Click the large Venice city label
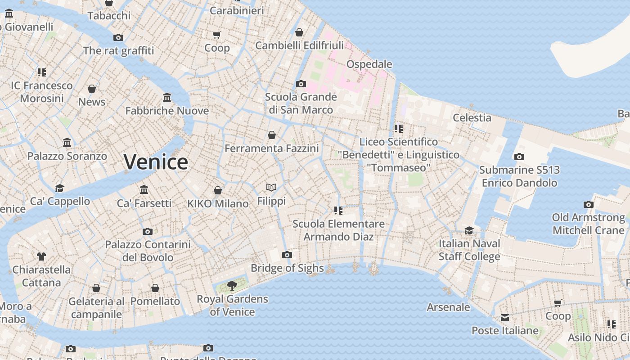[156, 162]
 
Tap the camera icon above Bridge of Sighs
[287, 255]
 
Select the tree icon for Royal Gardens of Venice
[232, 285]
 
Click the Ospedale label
[369, 64]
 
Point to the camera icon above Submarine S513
[519, 157]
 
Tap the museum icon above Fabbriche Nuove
[167, 98]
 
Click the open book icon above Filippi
[271, 188]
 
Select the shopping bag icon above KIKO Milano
[218, 190]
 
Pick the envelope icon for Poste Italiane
[505, 318]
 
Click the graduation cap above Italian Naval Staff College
[469, 230]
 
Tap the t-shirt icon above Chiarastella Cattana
[41, 256]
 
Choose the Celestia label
[472, 118]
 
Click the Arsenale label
[448, 307]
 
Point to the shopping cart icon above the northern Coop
[217, 35]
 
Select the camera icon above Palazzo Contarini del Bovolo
[148, 232]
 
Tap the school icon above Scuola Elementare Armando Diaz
[338, 211]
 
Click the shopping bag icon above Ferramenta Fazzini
[272, 135]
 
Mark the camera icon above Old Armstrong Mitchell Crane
[588, 205]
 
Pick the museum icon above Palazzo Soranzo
[67, 143]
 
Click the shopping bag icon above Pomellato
[155, 288]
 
